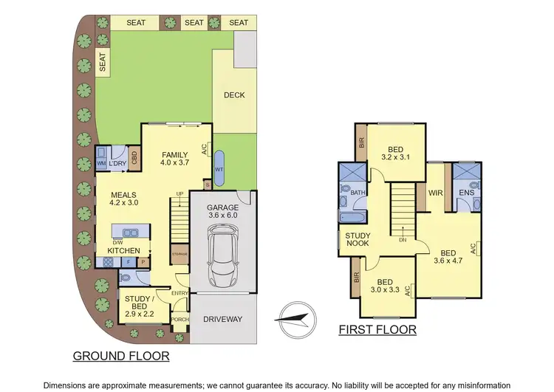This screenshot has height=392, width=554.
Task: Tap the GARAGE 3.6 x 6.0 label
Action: tap(222, 213)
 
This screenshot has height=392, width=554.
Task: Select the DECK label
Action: tap(234, 95)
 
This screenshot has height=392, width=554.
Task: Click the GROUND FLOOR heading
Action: tap(121, 356)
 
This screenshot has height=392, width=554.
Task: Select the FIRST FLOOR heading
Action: tap(377, 330)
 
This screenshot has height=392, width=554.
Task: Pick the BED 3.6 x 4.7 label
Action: tap(448, 255)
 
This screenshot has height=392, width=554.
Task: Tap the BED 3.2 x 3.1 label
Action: tap(397, 152)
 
